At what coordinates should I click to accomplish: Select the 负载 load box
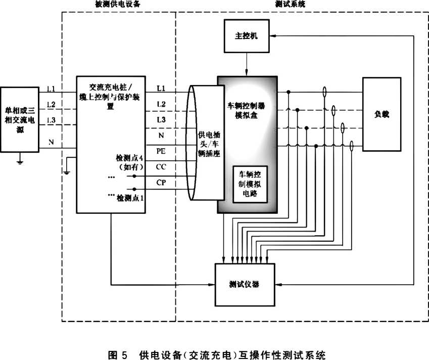382,114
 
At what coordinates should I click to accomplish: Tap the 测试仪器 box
244,284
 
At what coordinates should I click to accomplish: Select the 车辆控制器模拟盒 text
247,112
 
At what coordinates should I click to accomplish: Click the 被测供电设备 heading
118,4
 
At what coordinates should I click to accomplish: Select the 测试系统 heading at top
290,4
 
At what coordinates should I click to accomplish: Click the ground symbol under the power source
19,162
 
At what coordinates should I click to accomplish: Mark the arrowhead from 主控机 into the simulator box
247,72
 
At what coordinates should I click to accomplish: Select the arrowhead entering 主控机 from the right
273,37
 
